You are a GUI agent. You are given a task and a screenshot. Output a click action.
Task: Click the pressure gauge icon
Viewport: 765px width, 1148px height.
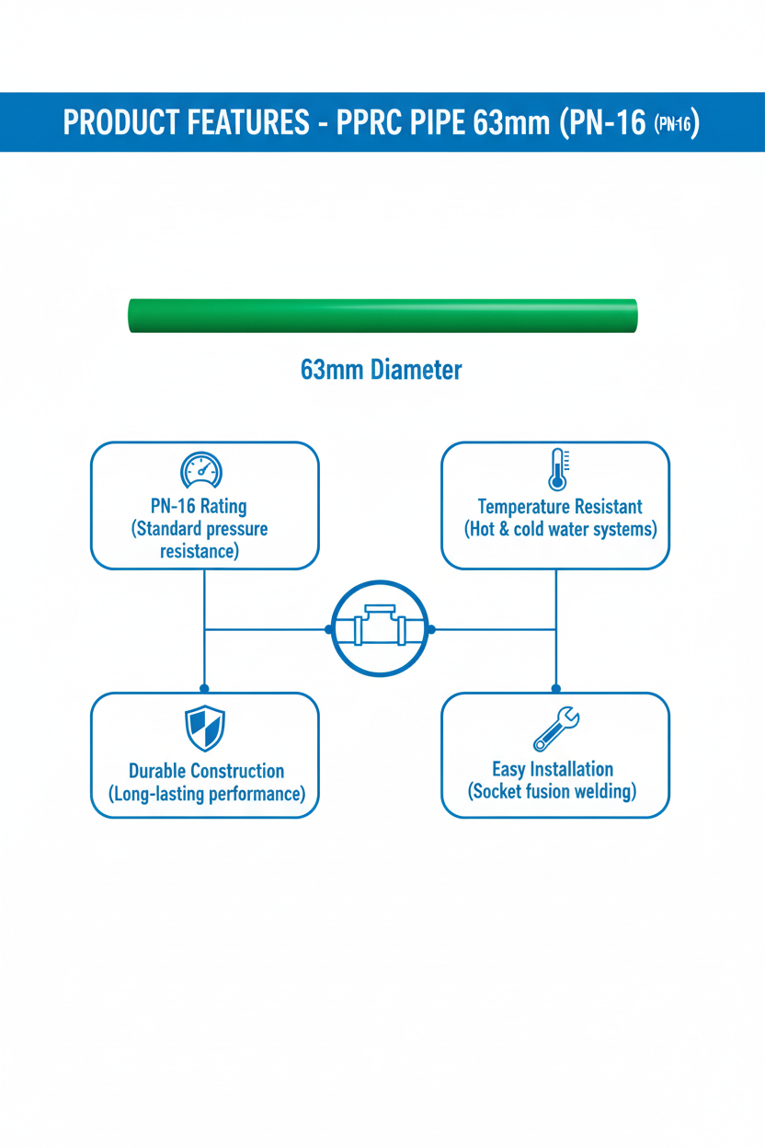[201, 469]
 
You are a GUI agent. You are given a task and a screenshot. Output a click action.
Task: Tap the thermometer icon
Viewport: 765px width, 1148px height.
[558, 469]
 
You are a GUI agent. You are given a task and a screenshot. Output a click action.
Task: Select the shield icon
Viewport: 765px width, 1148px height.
[205, 729]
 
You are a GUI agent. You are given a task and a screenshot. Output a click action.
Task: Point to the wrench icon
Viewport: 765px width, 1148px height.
[556, 729]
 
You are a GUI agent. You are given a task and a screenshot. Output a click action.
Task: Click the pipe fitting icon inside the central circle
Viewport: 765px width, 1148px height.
[380, 625]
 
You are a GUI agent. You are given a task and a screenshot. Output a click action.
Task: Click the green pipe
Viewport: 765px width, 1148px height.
[382, 316]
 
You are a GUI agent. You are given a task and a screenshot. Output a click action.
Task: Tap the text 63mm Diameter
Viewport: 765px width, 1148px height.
[381, 370]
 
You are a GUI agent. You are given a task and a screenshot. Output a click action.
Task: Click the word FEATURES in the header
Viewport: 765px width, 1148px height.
[247, 122]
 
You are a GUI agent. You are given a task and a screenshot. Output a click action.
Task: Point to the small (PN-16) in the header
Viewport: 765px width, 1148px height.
[672, 123]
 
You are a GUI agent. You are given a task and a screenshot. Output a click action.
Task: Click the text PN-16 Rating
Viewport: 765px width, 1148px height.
[199, 506]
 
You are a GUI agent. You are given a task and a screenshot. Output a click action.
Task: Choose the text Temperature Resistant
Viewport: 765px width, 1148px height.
[560, 507]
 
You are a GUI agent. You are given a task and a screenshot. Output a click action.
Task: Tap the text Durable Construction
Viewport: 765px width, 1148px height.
[206, 771]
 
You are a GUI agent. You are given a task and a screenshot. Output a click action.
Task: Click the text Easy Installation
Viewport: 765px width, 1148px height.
[553, 769]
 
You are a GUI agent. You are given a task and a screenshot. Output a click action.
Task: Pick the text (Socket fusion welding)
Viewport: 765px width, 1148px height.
[552, 791]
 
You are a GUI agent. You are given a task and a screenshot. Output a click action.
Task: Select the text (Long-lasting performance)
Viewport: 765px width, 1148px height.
[207, 794]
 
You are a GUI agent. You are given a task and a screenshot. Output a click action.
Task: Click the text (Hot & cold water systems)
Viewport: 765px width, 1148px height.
[560, 530]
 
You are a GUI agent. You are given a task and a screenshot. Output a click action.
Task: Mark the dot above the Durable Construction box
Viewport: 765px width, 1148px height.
[204, 688]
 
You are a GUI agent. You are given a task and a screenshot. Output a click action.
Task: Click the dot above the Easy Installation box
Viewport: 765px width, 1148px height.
[556, 688]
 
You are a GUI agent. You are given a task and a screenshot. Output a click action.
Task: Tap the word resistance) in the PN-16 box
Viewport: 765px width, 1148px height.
[200, 551]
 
